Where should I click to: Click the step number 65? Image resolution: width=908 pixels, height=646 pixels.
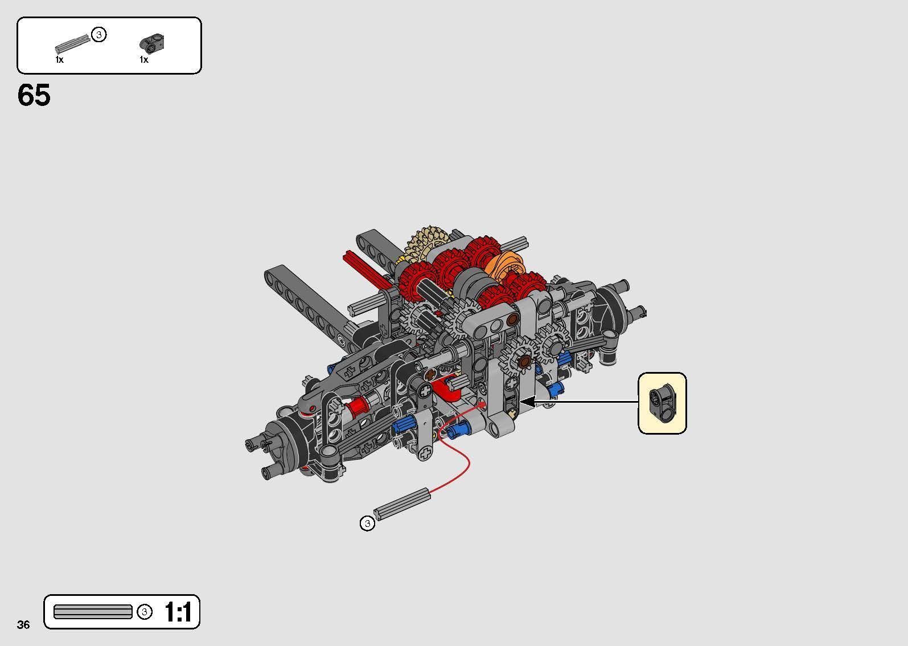click(34, 96)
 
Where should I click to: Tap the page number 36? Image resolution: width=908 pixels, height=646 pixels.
click(23, 624)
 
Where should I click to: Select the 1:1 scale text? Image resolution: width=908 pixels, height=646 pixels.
click(178, 612)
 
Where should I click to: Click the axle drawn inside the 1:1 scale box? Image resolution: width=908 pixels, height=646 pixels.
click(93, 612)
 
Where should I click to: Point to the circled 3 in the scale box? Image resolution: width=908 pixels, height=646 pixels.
click(145, 612)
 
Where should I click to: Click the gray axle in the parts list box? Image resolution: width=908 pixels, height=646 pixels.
click(72, 44)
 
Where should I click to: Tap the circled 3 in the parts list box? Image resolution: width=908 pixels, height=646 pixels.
click(99, 35)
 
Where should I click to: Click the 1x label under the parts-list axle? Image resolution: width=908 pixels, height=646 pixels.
click(60, 60)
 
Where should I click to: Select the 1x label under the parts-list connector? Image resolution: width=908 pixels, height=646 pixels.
click(144, 60)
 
